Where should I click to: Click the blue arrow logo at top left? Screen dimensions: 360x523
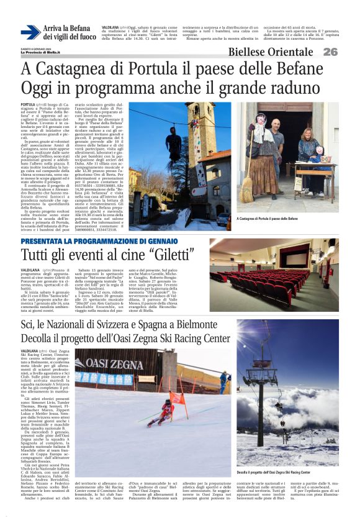click(x=30, y=33)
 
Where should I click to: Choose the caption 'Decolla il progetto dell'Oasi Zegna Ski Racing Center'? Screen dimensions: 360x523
click(x=276, y=472)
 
